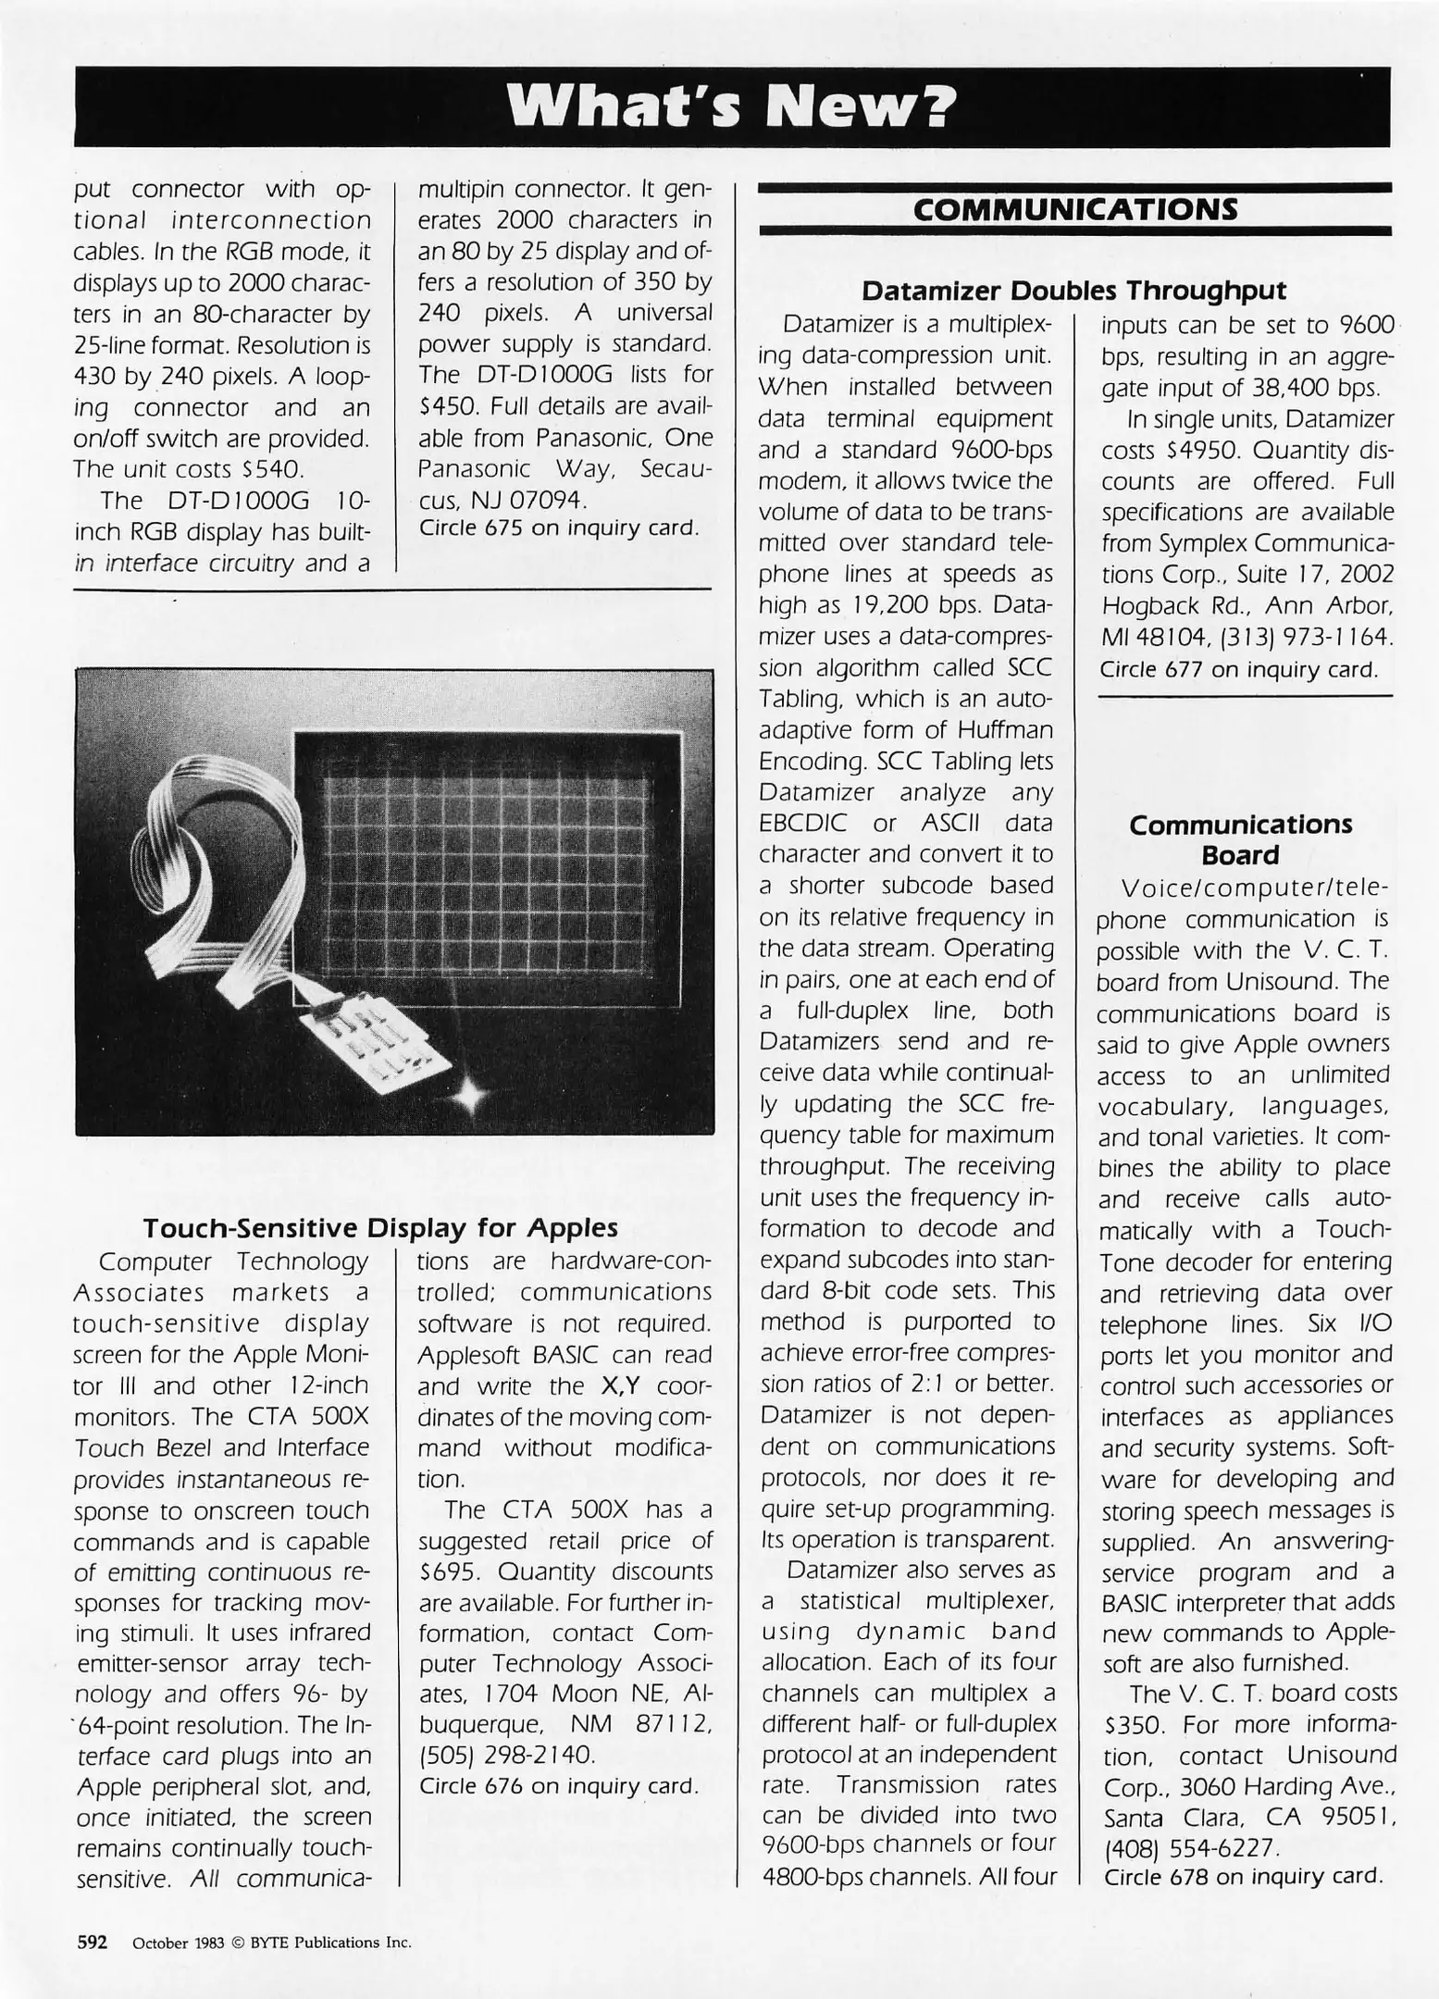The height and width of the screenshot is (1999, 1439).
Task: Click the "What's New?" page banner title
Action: [x=732, y=108]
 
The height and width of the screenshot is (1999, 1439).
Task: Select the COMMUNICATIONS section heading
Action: [x=1074, y=209]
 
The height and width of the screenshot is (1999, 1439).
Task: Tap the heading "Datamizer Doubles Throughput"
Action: [x=1073, y=291]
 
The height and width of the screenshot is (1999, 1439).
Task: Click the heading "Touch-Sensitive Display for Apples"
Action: [x=379, y=1228]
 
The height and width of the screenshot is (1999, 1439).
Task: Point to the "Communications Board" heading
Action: [x=1240, y=839]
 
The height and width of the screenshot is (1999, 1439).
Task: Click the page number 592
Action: [x=92, y=1941]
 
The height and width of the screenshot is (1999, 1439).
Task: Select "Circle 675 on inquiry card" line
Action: [x=557, y=528]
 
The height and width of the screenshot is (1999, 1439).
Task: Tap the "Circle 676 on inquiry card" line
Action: [x=558, y=1786]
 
